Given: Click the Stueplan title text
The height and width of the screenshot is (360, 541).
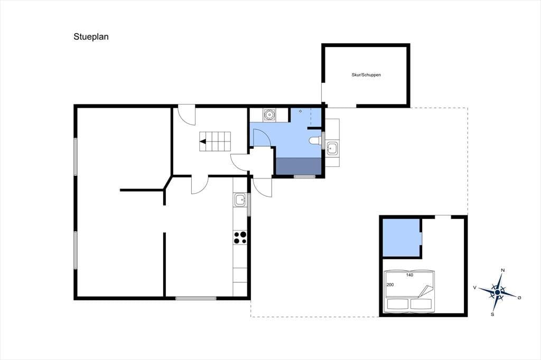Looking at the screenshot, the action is [x=91, y=37].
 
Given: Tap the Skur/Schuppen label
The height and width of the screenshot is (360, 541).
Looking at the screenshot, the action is [x=366, y=75].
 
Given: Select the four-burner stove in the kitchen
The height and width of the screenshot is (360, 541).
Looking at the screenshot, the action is [x=240, y=237].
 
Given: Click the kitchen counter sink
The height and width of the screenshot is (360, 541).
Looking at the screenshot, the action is [x=239, y=200].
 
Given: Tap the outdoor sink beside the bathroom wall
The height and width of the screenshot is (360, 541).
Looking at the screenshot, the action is [x=332, y=148].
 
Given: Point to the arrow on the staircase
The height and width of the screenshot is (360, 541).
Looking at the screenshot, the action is [x=203, y=141].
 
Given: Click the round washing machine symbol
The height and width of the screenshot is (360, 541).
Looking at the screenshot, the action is [x=269, y=115].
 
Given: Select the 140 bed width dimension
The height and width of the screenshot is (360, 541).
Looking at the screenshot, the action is [x=409, y=275].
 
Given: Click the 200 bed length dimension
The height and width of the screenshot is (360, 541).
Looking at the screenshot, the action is [x=390, y=285].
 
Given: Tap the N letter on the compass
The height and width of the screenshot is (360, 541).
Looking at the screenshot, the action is [x=503, y=270].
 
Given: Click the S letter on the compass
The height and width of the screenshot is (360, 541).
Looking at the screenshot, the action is [x=492, y=314].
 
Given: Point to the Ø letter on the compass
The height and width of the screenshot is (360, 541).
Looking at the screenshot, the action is [x=519, y=297].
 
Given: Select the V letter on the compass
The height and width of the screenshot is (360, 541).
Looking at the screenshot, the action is [x=475, y=287].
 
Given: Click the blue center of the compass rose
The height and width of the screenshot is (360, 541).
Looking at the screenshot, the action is [x=497, y=292].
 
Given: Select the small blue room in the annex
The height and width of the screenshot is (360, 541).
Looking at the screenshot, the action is [x=402, y=238].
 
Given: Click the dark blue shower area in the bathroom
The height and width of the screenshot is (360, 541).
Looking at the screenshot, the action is [x=299, y=166].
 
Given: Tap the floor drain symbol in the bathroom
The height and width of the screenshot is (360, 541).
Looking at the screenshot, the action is [x=301, y=111].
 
